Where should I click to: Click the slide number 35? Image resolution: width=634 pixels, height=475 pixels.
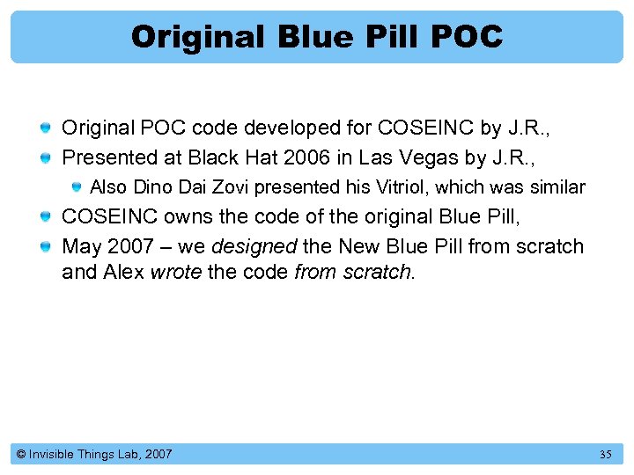pyautogui.click(x=605, y=455)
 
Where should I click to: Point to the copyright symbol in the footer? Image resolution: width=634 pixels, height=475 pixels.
pyautogui.click(x=19, y=455)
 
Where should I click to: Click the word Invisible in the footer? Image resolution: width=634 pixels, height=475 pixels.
pyautogui.click(x=54, y=455)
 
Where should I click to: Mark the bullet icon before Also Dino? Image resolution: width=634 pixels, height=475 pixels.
pyautogui.click(x=77, y=186)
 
